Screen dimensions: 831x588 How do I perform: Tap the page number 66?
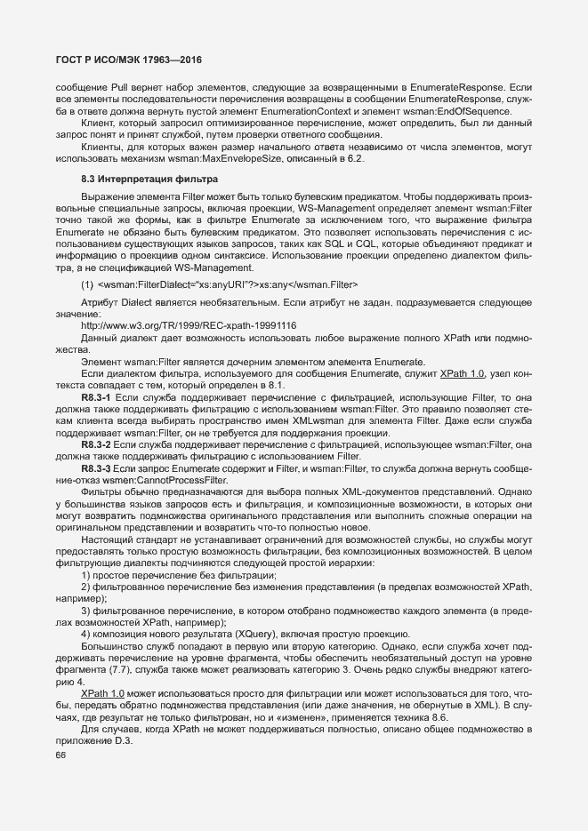click(60, 752)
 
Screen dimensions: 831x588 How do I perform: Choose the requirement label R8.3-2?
click(96, 443)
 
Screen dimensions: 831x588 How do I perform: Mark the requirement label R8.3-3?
click(96, 467)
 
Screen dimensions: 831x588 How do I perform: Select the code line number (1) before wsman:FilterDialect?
click(87, 284)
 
